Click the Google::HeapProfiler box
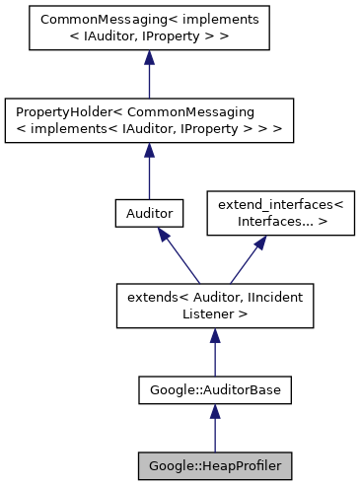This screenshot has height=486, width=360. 215,463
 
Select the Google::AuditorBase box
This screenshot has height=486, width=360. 215,390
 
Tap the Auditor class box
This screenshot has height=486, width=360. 149,212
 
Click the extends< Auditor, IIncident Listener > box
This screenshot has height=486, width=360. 215,306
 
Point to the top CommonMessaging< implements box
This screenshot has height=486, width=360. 149,29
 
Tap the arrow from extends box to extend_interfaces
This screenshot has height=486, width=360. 246,258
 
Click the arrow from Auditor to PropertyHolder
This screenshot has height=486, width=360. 149,172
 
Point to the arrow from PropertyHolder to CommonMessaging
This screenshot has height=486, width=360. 149,75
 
